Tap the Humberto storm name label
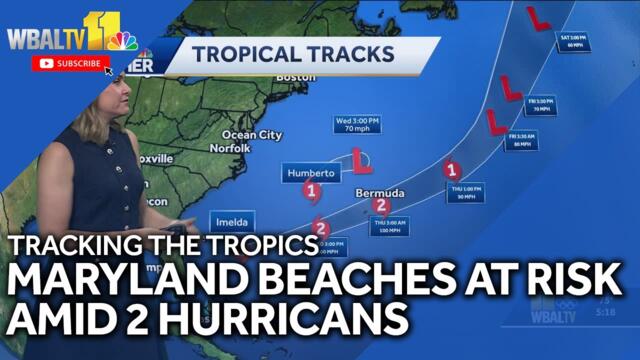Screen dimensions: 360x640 (308, 173)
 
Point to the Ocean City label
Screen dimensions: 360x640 (251, 134)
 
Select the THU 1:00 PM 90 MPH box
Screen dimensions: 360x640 (466, 191)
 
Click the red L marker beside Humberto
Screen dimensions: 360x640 (362, 160)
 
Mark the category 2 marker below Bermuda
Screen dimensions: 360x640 (380, 206)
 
